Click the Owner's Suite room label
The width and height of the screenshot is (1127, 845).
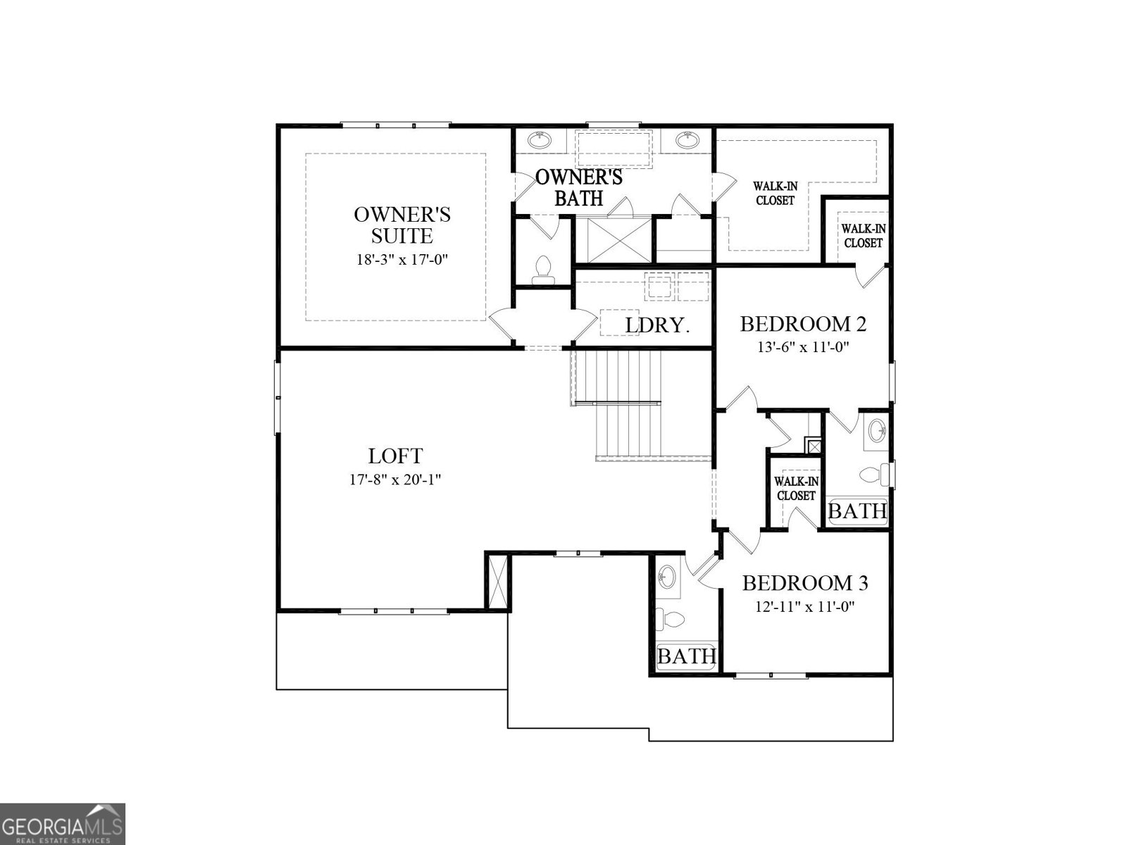tap(402, 224)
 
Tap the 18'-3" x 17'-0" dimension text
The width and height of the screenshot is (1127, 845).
tap(402, 259)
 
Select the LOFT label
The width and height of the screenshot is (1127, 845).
tap(395, 456)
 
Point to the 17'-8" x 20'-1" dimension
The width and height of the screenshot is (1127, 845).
tap(395, 480)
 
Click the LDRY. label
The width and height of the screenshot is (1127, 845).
tap(656, 325)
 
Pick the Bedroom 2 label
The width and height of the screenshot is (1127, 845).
tap(803, 324)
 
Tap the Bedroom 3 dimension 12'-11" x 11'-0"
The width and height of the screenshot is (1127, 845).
tap(804, 606)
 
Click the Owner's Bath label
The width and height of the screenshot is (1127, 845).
tap(579, 187)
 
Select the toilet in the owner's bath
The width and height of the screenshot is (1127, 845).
tap(542, 270)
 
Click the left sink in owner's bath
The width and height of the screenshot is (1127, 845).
tap(540, 139)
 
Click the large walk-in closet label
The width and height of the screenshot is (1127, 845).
tap(775, 193)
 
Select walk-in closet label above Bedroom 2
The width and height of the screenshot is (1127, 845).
tap(863, 236)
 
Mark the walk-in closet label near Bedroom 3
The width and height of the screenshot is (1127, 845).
tap(796, 488)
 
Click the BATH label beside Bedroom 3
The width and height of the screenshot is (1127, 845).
tap(686, 656)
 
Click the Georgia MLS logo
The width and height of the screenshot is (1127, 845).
tap(62, 824)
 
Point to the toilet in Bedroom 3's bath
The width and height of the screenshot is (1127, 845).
tap(671, 620)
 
